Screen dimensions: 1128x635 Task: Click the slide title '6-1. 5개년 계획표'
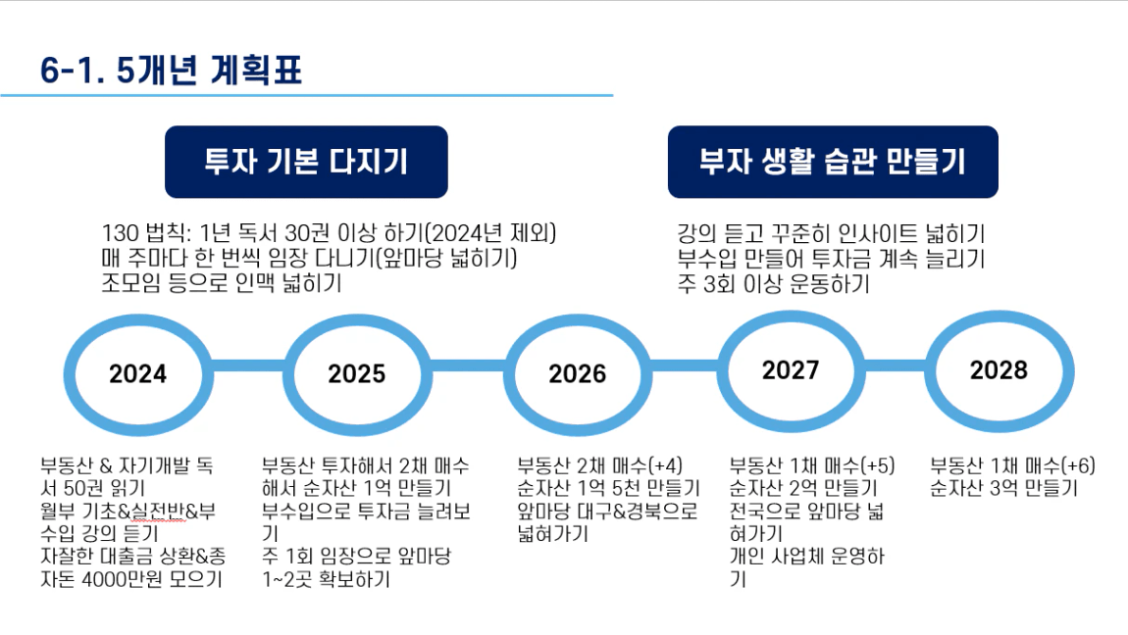coord(171,71)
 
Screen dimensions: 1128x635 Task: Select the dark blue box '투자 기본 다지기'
coord(306,162)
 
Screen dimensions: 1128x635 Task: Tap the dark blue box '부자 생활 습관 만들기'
coord(833,162)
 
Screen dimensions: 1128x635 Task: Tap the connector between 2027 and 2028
coord(895,365)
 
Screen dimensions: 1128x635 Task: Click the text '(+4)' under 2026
coord(665,465)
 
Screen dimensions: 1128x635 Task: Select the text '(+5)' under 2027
coord(877,465)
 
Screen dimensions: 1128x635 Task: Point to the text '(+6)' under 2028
coord(1078,465)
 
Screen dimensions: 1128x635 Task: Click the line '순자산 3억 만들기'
coord(1004,488)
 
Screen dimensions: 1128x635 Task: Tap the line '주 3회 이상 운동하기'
coord(773,284)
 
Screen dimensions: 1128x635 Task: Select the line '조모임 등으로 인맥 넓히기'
coord(222,282)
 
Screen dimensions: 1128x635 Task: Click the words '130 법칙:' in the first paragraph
coord(146,233)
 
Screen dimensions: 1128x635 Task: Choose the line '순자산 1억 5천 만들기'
coord(608,488)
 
